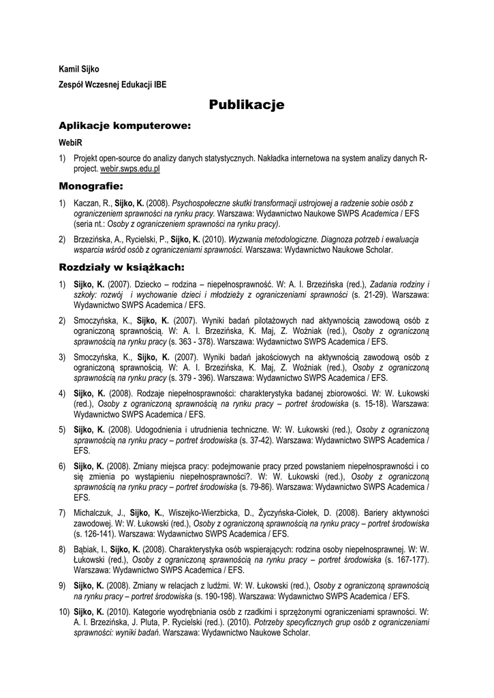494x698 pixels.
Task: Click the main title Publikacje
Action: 247,105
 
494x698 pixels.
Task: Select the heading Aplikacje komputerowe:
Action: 124,126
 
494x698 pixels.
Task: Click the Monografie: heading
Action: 91,185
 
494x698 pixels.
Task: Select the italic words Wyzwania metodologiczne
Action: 271,240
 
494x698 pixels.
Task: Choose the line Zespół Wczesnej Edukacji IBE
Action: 112,85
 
